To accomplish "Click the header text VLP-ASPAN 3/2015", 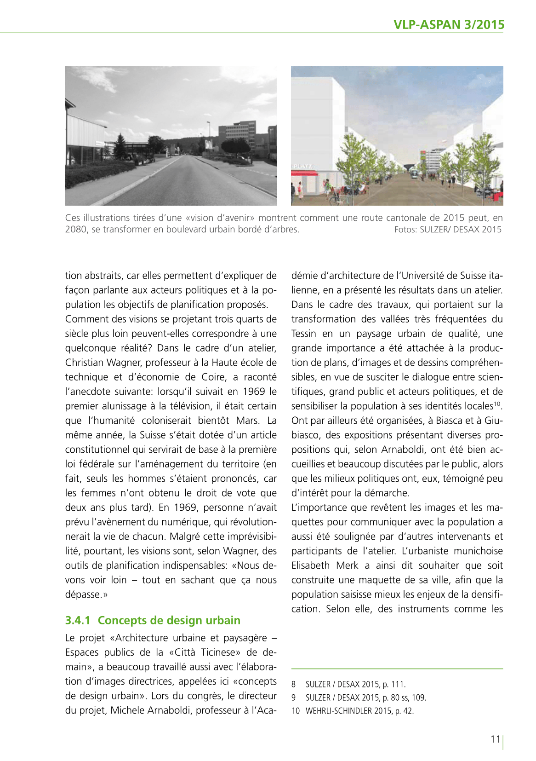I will coord(449,25).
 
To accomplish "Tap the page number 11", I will coord(495,739).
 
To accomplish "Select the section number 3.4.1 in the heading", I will coord(78,620).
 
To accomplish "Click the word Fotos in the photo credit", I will coord(405,229).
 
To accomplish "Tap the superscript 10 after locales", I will coord(497,404).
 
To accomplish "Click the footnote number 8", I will coord(293,685).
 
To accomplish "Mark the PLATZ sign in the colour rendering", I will coord(302,166).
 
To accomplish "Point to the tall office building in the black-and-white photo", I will coord(237,133).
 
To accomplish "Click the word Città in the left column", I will coord(184,652).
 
